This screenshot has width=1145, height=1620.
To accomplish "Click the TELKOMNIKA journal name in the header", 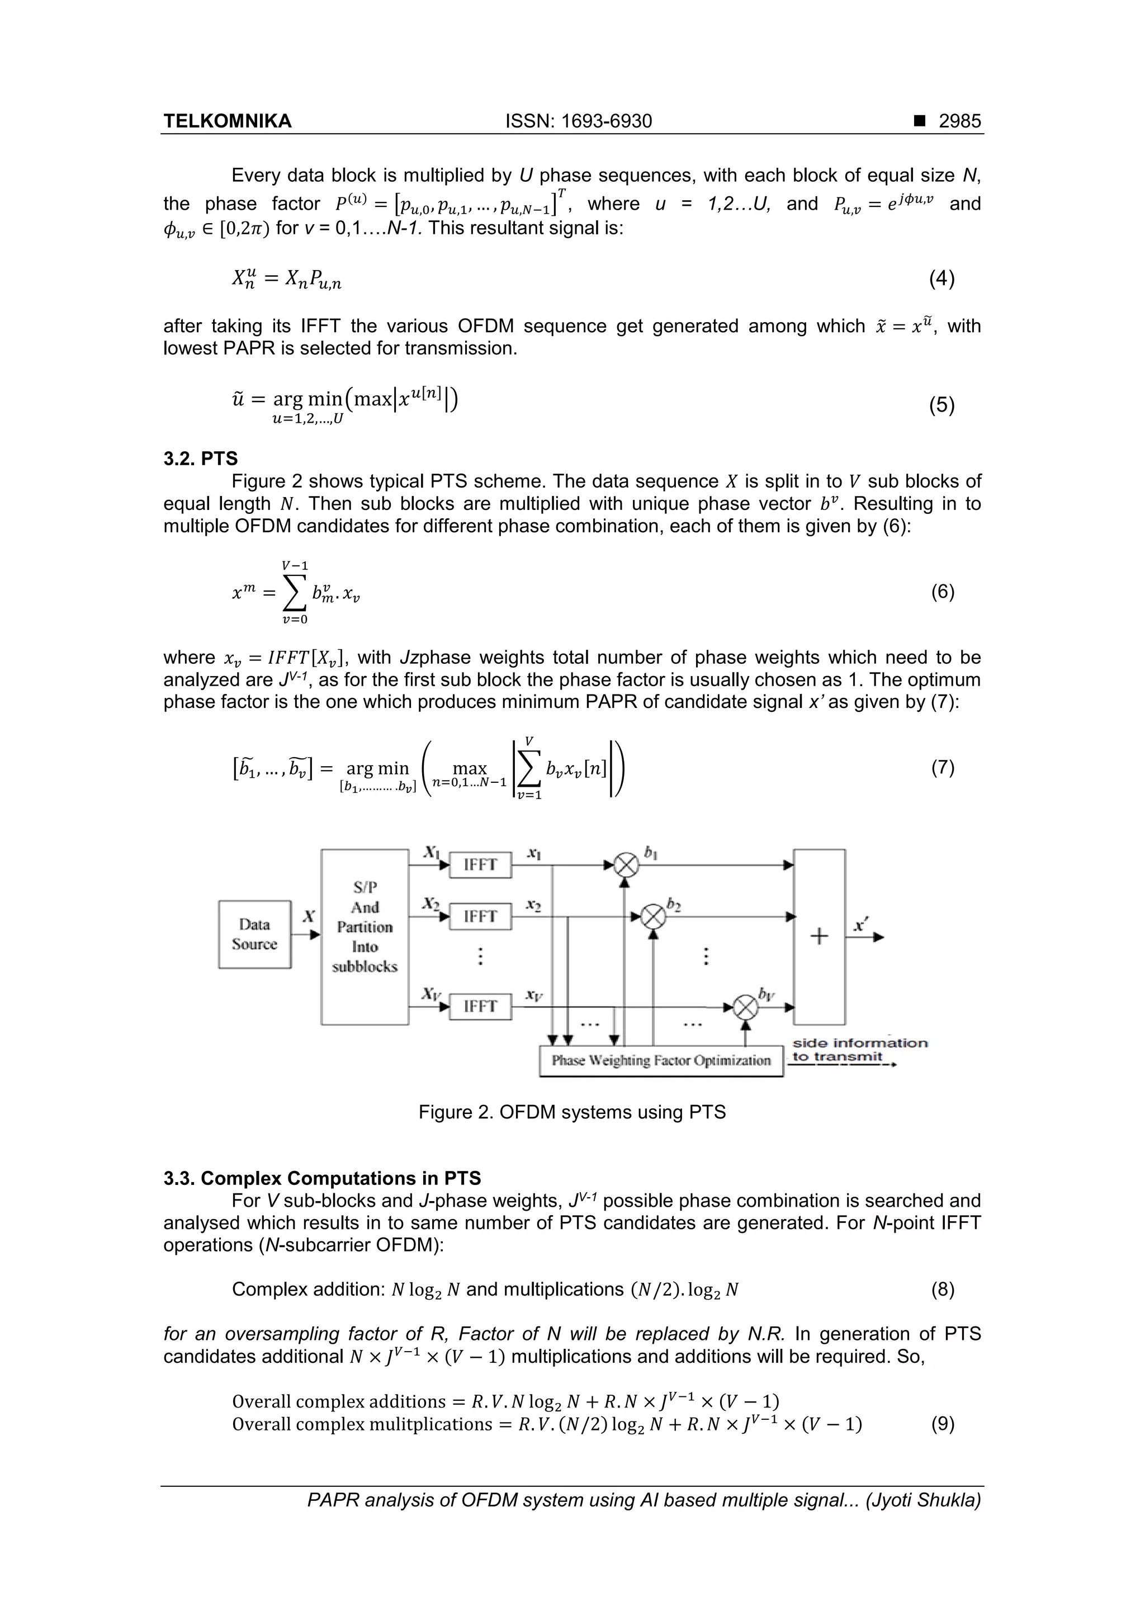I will pyautogui.click(x=227, y=121).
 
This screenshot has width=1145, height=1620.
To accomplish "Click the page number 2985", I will pyautogui.click(x=959, y=121).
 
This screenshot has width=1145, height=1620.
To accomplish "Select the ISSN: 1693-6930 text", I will pyautogui.click(x=579, y=121).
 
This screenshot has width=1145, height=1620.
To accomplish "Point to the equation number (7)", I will pyautogui.click(x=943, y=768).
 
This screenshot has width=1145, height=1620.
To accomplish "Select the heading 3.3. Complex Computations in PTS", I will pyautogui.click(x=323, y=1178).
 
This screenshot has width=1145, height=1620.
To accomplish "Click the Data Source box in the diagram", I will pyautogui.click(x=255, y=934).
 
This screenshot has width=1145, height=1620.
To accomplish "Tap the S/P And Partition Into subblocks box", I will pyautogui.click(x=365, y=936).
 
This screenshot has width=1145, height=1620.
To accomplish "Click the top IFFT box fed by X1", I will pyautogui.click(x=480, y=865).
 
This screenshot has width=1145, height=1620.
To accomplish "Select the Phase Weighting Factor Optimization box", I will pyautogui.click(x=661, y=1060).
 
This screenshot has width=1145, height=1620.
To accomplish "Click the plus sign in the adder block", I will pyautogui.click(x=819, y=936).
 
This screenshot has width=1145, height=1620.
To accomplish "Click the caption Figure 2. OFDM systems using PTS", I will pyautogui.click(x=572, y=1113).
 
